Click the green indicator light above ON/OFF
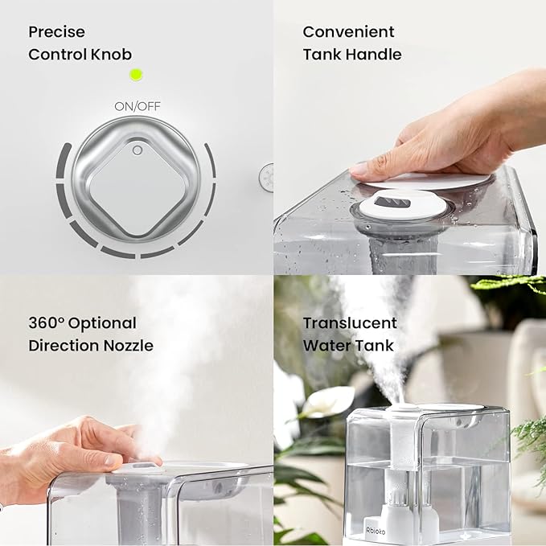(x=136, y=75)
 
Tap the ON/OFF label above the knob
(x=136, y=105)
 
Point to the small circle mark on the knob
(x=138, y=150)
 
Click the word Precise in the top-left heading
(x=56, y=32)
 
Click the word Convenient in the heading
(x=348, y=32)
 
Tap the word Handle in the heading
(x=375, y=55)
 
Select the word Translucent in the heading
(x=350, y=323)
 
